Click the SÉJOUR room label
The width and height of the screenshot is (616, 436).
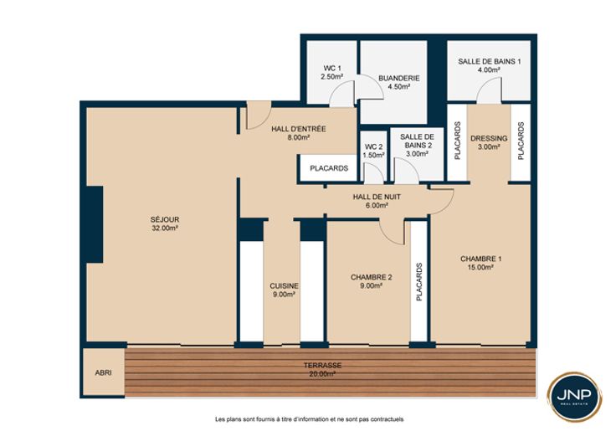[165, 219]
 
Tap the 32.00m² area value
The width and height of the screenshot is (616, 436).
[165, 228]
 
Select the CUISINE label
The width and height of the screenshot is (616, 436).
[284, 286]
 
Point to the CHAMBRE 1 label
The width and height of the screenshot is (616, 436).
[481, 259]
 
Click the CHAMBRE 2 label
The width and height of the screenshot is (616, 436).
[372, 277]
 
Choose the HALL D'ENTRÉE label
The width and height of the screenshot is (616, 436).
[299, 129]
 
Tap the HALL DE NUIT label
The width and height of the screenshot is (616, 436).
[377, 197]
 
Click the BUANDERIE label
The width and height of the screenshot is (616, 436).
[399, 78]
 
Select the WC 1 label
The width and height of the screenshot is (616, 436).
[332, 69]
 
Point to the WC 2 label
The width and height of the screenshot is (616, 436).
[373, 147]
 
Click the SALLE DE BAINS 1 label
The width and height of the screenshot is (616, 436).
[490, 61]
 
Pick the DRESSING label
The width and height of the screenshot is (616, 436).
[489, 138]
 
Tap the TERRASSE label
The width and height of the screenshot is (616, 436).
[322, 366]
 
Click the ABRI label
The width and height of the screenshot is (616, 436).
[103, 372]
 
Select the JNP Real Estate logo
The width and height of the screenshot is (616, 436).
[574, 398]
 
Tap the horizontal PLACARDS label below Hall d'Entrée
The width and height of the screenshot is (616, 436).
[329, 168]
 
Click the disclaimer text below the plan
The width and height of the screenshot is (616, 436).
[309, 419]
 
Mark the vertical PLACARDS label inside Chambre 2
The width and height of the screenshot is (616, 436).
[419, 282]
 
